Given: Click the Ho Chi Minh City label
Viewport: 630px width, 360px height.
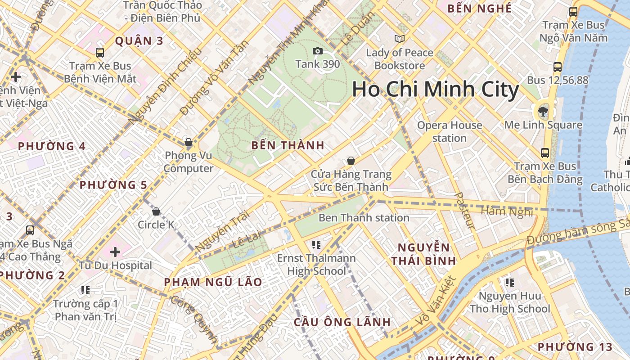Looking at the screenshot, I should pyautogui.click(x=435, y=89).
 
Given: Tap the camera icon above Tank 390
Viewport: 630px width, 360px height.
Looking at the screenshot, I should pyautogui.click(x=318, y=51).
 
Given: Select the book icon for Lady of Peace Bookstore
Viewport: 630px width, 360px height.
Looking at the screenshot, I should pyautogui.click(x=399, y=39).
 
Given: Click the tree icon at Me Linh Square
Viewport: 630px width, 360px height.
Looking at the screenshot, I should pyautogui.click(x=543, y=111).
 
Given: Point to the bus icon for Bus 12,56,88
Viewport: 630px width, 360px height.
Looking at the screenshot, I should pyautogui.click(x=558, y=67).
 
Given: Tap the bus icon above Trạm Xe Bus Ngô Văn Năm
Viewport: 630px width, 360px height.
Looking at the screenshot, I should pyautogui.click(x=573, y=12).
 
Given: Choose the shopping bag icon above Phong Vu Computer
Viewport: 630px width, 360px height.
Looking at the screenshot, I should pyautogui.click(x=189, y=143).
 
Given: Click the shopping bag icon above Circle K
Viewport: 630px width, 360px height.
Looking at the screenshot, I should pyautogui.click(x=156, y=211).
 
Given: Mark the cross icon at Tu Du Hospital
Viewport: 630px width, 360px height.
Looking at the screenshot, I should pyautogui.click(x=116, y=252).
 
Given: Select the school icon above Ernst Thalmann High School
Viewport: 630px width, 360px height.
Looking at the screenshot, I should pyautogui.click(x=316, y=245).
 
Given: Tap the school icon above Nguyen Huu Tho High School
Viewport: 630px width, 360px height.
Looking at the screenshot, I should pyautogui.click(x=509, y=283).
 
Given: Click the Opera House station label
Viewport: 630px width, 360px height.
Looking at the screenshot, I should pyautogui.click(x=450, y=131).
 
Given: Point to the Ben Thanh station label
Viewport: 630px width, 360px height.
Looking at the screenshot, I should pyautogui.click(x=364, y=218).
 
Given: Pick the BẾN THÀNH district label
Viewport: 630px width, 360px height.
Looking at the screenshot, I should pyautogui.click(x=288, y=145).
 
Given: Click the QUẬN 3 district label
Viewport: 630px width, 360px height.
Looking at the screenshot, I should pyautogui.click(x=139, y=41).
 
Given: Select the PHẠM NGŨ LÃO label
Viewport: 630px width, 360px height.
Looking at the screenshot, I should pyautogui.click(x=213, y=282).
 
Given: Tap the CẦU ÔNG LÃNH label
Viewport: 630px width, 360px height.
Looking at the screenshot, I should pyautogui.click(x=342, y=322).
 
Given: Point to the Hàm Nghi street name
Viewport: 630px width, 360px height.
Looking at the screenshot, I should pyautogui.click(x=506, y=211).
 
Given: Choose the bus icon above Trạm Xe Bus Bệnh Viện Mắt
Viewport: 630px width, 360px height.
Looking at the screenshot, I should pyautogui.click(x=100, y=53).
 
